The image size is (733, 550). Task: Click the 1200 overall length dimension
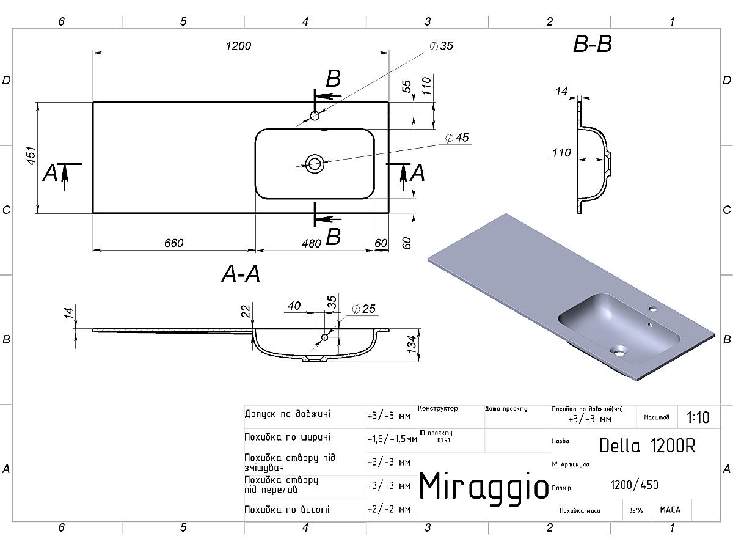click(238, 46)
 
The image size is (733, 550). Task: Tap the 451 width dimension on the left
click(31, 156)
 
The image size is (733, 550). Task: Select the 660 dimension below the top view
click(173, 243)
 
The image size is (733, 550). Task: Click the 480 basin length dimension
click(312, 243)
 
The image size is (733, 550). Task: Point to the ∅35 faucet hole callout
click(441, 46)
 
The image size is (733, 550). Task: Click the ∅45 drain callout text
click(457, 137)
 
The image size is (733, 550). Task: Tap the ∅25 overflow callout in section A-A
click(363, 309)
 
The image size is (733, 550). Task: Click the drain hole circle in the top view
click(314, 164)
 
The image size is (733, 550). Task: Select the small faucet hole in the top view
click(315, 116)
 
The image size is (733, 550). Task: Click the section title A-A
click(241, 274)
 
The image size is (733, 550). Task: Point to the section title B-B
click(593, 44)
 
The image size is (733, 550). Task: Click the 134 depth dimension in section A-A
click(412, 344)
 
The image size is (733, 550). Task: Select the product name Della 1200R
click(647, 446)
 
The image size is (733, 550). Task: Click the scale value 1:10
click(698, 417)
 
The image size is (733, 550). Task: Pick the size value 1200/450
click(634, 485)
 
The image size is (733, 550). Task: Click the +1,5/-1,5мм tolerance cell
click(392, 439)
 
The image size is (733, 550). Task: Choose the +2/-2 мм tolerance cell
click(388, 510)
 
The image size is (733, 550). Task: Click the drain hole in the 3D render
click(619, 350)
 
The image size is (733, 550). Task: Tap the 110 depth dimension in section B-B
click(561, 153)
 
